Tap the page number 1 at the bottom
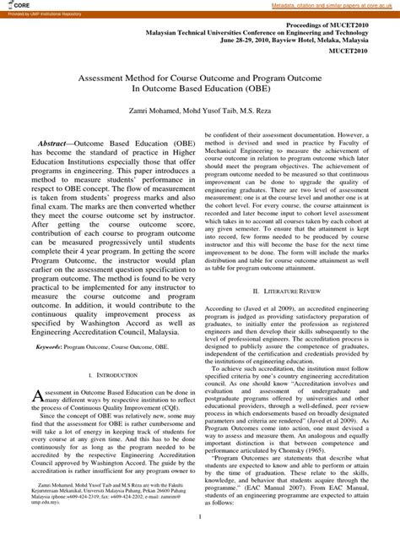pyautogui.click(x=200, y=516)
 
